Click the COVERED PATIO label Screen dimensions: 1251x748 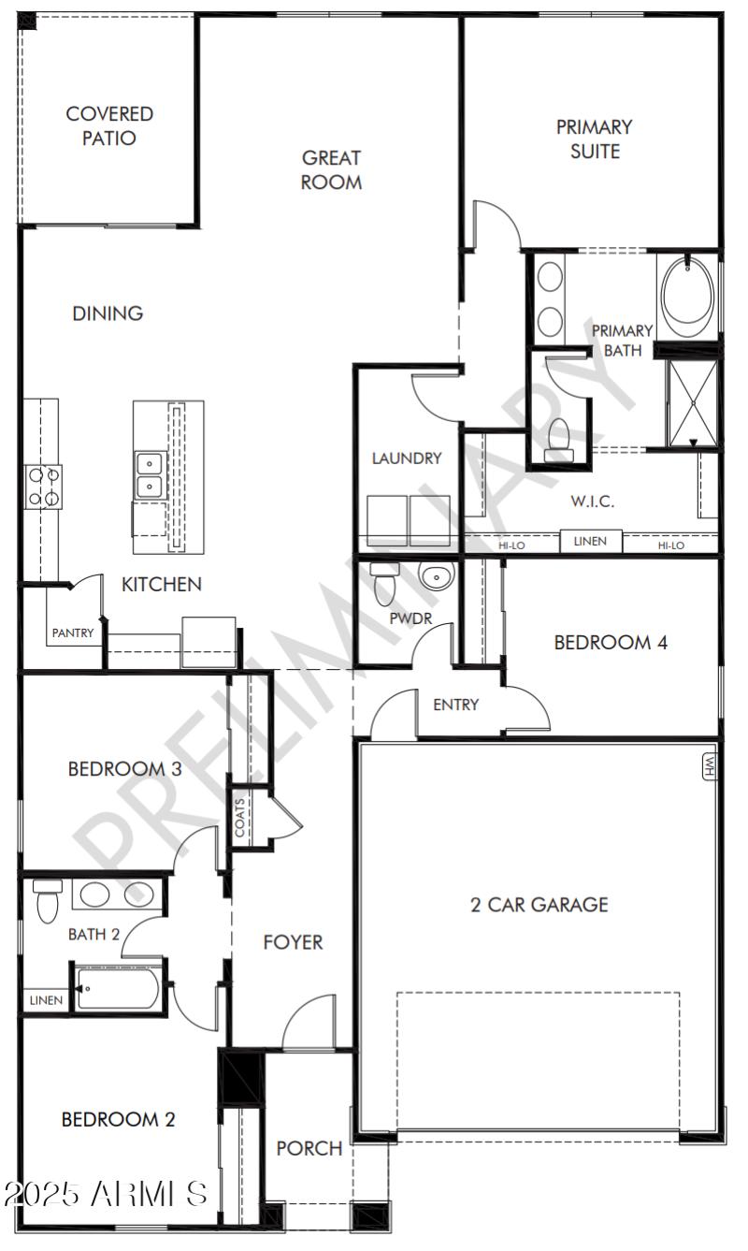pos(109,126)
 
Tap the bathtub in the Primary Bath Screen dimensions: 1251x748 pos(687,294)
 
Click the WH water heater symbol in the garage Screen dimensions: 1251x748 pos(708,767)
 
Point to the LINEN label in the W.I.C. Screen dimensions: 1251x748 pos(590,541)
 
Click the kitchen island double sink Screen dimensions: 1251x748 pos(148,475)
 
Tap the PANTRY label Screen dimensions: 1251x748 pos(73,633)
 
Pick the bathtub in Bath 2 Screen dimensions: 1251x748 pos(118,989)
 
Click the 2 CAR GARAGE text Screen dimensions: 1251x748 pos(539,905)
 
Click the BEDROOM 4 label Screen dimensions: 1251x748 pos(610,643)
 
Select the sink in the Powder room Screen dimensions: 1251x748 pos(436,576)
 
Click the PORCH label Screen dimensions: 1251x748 pos(309,1148)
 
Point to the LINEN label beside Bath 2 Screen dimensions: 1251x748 pos(46,1000)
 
